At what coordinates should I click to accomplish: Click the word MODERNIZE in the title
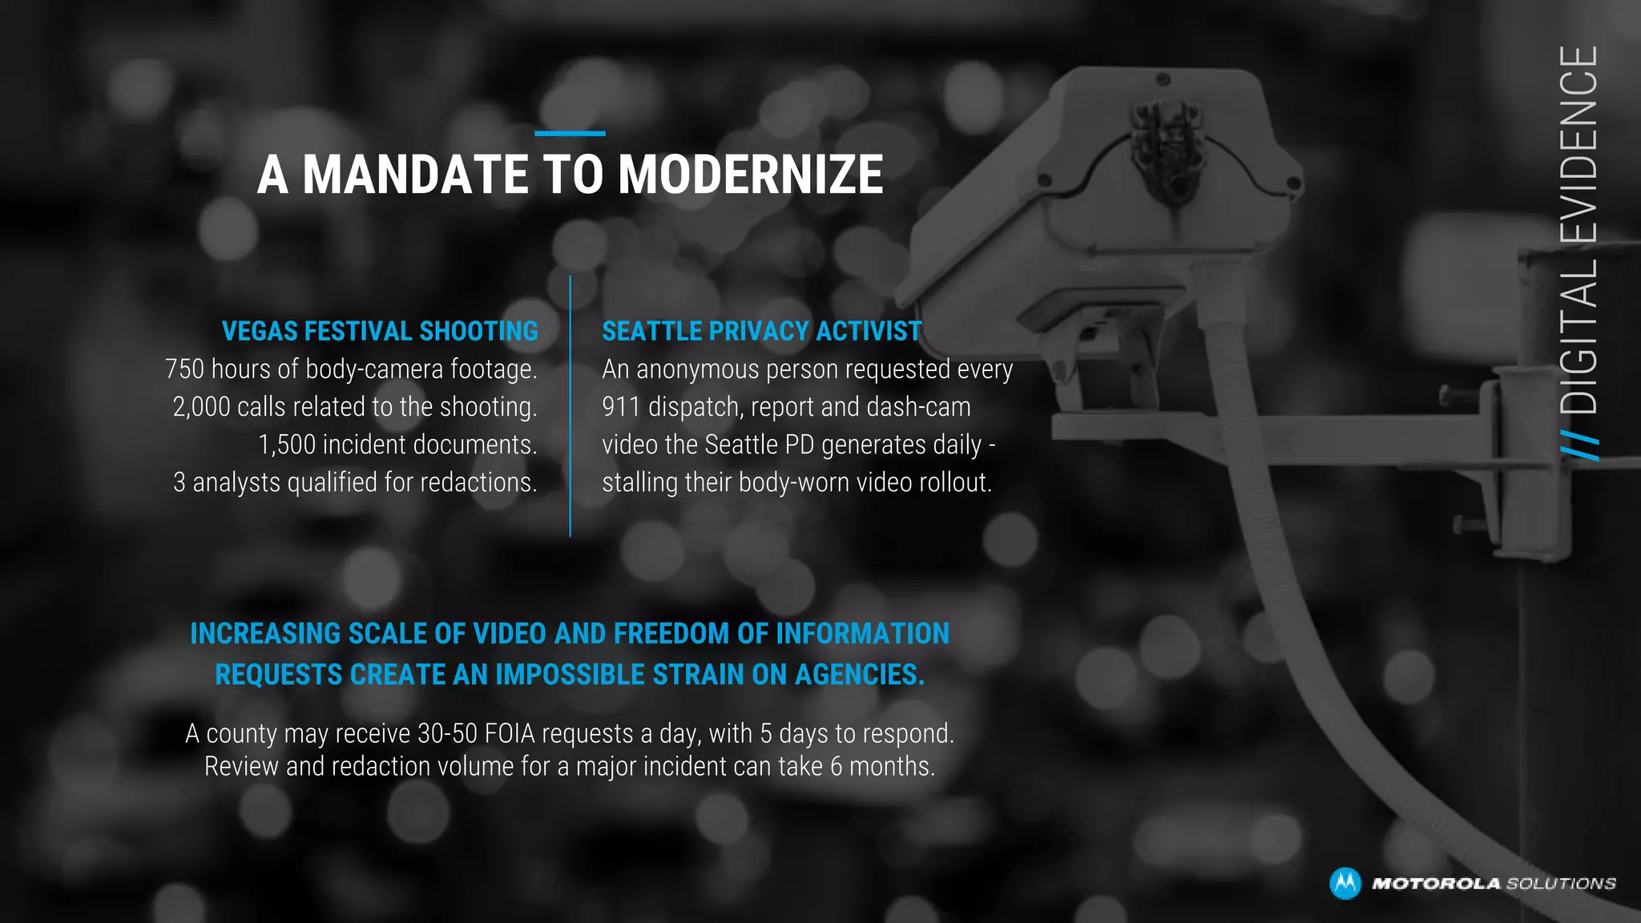tap(750, 175)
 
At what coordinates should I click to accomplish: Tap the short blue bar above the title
tap(570, 133)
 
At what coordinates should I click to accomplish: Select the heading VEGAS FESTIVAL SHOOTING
tap(380, 331)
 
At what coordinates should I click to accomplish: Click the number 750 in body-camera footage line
tap(184, 369)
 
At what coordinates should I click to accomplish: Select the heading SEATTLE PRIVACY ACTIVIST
tap(761, 331)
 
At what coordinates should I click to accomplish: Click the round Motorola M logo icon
tap(1345, 883)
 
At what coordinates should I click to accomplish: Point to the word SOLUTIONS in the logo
tap(1561, 884)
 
